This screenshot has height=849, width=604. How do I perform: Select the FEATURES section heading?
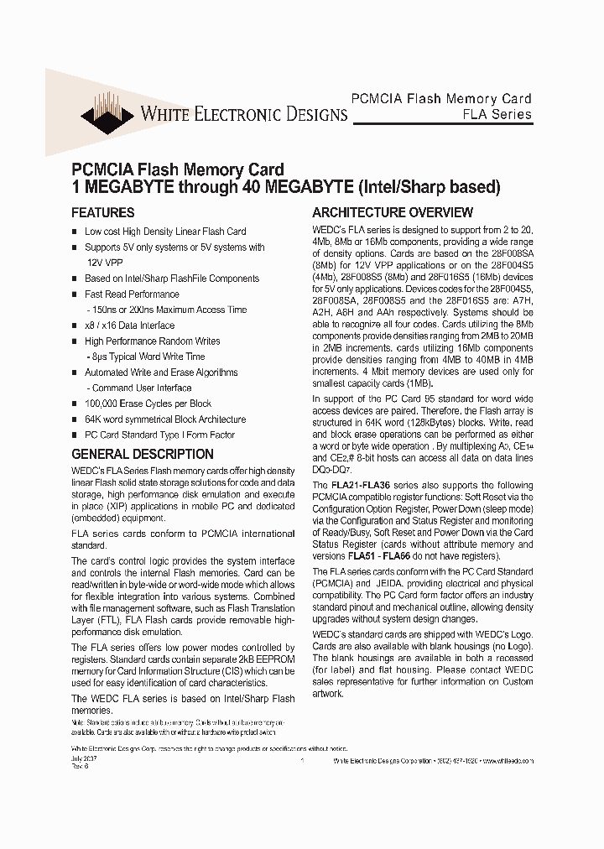tap(102, 213)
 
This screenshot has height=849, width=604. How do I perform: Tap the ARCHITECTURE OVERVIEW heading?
tap(393, 213)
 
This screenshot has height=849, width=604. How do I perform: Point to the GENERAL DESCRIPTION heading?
tap(142, 454)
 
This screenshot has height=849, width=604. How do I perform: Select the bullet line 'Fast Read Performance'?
tap(132, 294)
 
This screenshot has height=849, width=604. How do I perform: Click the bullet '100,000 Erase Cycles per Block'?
tap(148, 404)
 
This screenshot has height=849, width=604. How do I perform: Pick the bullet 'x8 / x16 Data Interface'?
tap(129, 326)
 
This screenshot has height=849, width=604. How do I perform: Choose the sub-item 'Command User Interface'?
tap(139, 388)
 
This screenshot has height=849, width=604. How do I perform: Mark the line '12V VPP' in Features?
tap(103, 263)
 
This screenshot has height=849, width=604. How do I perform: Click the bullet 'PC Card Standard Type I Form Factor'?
tap(159, 435)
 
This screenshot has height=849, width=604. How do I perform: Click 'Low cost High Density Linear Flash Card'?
tap(165, 232)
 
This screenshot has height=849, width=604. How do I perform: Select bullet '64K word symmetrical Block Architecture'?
tap(165, 419)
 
